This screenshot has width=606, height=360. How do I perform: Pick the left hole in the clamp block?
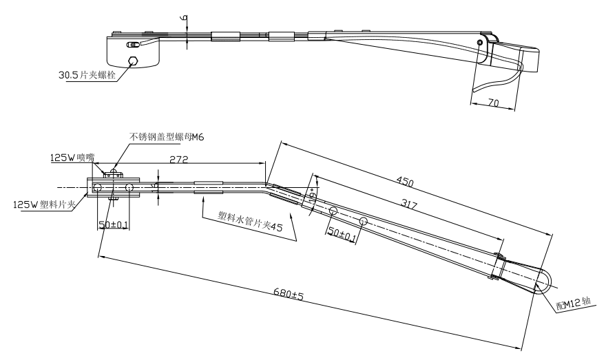click(x=98, y=188)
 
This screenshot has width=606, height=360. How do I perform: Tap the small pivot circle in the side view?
click(x=479, y=43)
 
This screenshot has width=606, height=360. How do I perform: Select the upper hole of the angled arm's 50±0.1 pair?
click(x=333, y=209)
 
